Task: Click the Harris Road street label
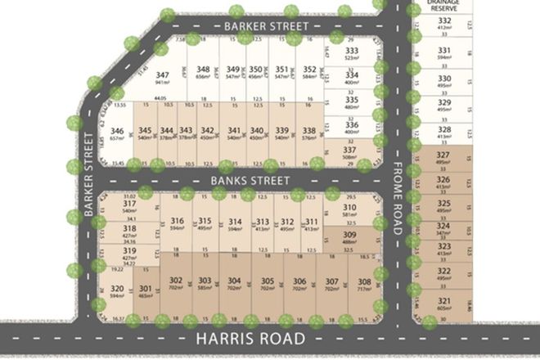pyautogui.click(x=239, y=338)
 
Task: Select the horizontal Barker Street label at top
pyautogui.click(x=262, y=27)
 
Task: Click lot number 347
pyautogui.click(x=162, y=74)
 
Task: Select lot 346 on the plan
pyautogui.click(x=117, y=131)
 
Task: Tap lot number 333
pyautogui.click(x=353, y=50)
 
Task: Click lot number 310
pyautogui.click(x=349, y=208)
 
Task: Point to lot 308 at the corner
pyautogui.click(x=364, y=281)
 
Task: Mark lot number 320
pyautogui.click(x=117, y=288)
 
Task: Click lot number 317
pyautogui.click(x=129, y=203)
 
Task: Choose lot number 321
pyautogui.click(x=444, y=301)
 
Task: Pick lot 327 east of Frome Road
pyautogui.click(x=444, y=155)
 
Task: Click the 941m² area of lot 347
pyautogui.click(x=162, y=82)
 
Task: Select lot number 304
pyautogui.click(x=235, y=281)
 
